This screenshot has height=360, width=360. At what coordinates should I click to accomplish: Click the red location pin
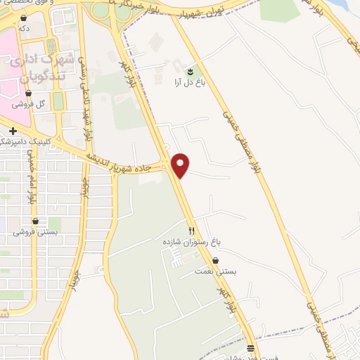181,165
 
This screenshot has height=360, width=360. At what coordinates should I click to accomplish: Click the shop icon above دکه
24,18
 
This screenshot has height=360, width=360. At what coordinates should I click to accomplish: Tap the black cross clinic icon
13,130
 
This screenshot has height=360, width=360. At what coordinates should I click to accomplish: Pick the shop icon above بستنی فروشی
34,221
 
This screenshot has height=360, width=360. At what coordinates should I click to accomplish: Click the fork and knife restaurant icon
191,231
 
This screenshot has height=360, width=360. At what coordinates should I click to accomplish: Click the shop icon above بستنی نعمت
215,260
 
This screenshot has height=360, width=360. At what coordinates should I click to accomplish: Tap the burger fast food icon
251,348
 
